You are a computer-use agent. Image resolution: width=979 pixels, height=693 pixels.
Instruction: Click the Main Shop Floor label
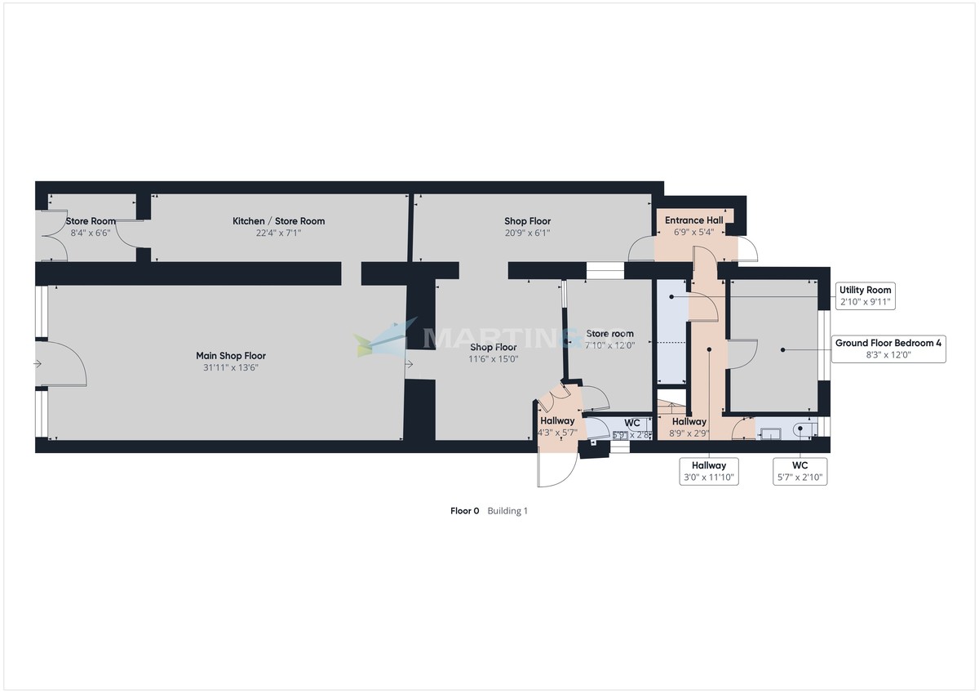[231, 356]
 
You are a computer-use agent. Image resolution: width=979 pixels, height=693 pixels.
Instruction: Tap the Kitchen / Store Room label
[278, 221]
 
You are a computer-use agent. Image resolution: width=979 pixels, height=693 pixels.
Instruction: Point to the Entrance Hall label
[694, 220]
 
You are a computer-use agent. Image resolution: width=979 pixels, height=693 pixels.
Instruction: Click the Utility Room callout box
[866, 295]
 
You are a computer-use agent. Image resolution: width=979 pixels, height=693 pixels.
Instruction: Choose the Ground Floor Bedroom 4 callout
[888, 349]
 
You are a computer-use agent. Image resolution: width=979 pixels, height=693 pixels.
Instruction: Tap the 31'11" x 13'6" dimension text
[231, 367]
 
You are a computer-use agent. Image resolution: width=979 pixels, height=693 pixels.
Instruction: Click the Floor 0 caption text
[465, 511]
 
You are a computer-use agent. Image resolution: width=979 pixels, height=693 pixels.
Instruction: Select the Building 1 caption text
[508, 511]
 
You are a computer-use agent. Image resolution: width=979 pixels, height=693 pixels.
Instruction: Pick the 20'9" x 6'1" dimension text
[527, 233]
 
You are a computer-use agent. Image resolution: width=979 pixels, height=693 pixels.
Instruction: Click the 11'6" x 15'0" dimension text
[493, 359]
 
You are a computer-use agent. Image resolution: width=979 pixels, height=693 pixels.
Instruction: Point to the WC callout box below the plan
[800, 470]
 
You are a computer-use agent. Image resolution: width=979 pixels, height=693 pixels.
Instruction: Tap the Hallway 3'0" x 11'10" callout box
[709, 470]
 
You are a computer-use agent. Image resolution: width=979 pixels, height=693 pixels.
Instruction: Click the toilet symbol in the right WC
[802, 428]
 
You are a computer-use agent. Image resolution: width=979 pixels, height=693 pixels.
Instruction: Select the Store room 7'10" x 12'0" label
[610, 339]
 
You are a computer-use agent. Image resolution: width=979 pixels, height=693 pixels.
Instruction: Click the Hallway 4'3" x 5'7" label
[557, 426]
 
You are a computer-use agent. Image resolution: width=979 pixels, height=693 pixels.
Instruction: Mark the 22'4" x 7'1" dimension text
[278, 233]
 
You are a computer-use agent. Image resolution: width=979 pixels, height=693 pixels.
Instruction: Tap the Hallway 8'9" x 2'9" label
[689, 427]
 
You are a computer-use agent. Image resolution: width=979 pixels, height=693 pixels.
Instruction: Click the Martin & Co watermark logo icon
[384, 338]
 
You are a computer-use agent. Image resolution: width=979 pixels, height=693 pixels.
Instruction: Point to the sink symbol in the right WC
[768, 428]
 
